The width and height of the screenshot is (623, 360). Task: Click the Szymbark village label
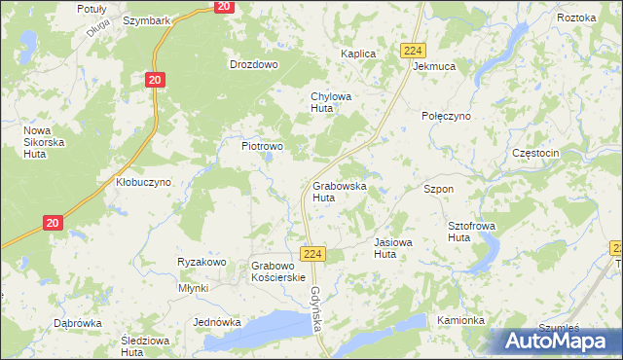(x=147, y=20)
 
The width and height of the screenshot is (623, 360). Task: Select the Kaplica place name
(x=357, y=54)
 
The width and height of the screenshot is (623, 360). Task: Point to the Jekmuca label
(x=434, y=67)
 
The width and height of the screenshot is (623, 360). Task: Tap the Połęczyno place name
(x=446, y=116)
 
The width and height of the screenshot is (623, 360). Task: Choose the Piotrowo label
(x=262, y=146)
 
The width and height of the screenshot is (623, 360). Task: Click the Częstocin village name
(x=534, y=154)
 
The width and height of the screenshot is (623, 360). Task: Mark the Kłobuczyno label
(x=143, y=182)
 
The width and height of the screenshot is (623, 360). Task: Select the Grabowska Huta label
(x=339, y=191)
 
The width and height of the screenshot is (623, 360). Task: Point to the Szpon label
(x=438, y=188)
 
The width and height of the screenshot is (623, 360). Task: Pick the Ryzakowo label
(x=202, y=262)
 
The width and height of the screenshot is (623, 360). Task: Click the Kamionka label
(x=460, y=320)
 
